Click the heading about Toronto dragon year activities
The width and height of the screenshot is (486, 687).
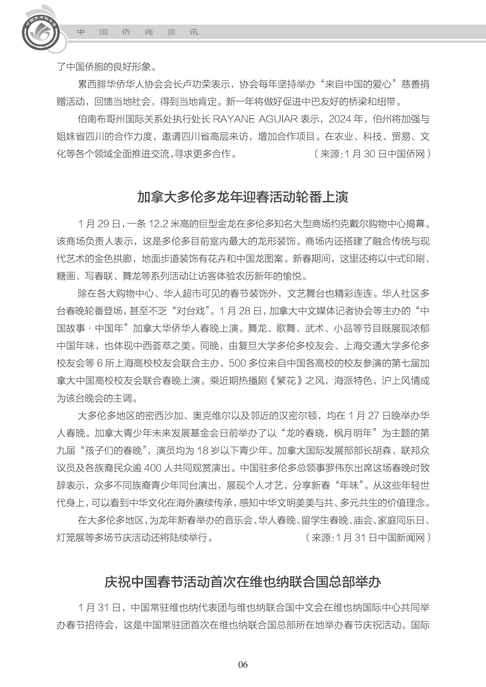pyautogui.click(x=243, y=197)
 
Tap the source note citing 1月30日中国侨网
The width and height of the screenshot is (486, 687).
pyautogui.click(x=372, y=154)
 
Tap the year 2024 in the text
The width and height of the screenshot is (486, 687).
pyautogui.click(x=340, y=119)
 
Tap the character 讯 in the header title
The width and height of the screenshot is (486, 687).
pyautogui.click(x=194, y=32)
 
